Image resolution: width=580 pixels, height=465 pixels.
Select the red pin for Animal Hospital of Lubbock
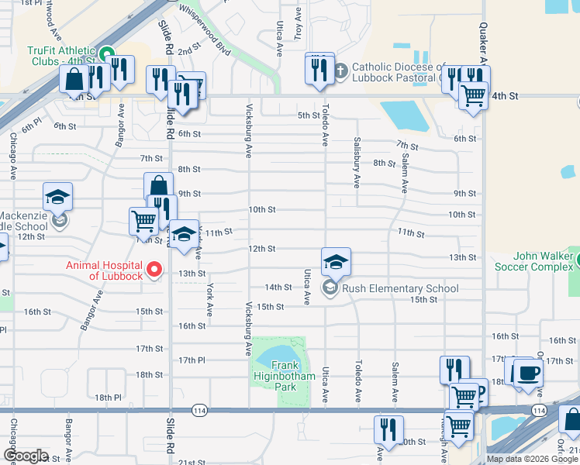[x=154, y=270]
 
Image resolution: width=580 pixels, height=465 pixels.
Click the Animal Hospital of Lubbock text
[x=104, y=270]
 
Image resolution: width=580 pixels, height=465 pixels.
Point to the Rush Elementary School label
[x=400, y=288]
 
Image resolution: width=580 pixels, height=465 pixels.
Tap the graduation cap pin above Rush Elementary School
[x=337, y=262]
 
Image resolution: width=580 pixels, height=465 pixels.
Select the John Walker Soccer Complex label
[x=533, y=261]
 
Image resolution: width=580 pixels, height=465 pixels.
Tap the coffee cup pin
[x=528, y=373]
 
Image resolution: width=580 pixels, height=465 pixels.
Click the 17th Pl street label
[x=191, y=360]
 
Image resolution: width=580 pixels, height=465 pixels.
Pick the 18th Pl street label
[x=108, y=397]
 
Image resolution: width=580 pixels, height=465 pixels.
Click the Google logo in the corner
[x=26, y=456]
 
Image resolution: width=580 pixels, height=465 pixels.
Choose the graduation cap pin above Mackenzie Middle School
[x=57, y=197]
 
